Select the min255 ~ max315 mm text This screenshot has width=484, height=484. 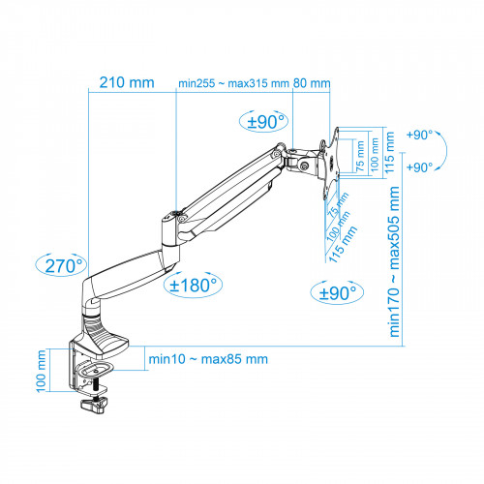coord(233,82)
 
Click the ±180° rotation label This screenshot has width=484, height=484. coord(194,285)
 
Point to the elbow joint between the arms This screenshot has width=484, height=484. coord(175,224)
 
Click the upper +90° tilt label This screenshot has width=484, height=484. coord(422,135)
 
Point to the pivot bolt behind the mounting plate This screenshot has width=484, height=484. coord(307,166)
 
